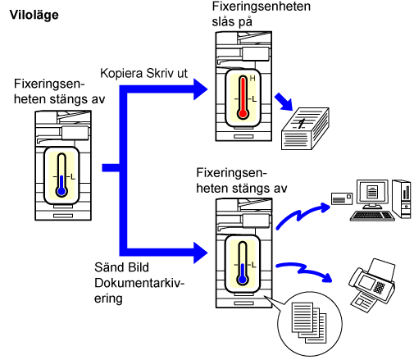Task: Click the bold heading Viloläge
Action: tap(34, 15)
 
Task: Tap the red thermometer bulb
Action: tap(243, 113)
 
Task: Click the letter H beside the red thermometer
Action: tap(252, 79)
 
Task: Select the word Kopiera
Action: tap(121, 74)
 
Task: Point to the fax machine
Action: tap(372, 285)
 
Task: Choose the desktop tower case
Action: tap(402, 198)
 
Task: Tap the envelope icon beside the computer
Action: tap(342, 198)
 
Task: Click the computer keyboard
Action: tap(372, 216)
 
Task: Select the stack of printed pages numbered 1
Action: tap(305, 129)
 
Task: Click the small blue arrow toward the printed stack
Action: tap(284, 102)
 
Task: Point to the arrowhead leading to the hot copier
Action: tap(201, 89)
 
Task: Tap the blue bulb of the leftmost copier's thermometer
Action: tap(61, 191)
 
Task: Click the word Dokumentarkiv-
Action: tap(139, 283)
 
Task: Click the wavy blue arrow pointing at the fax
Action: tap(304, 271)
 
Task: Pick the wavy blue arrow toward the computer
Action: tap(303, 215)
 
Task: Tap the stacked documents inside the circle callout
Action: tap(309, 323)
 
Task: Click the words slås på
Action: tap(232, 22)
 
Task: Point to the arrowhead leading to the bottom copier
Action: tap(201, 253)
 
